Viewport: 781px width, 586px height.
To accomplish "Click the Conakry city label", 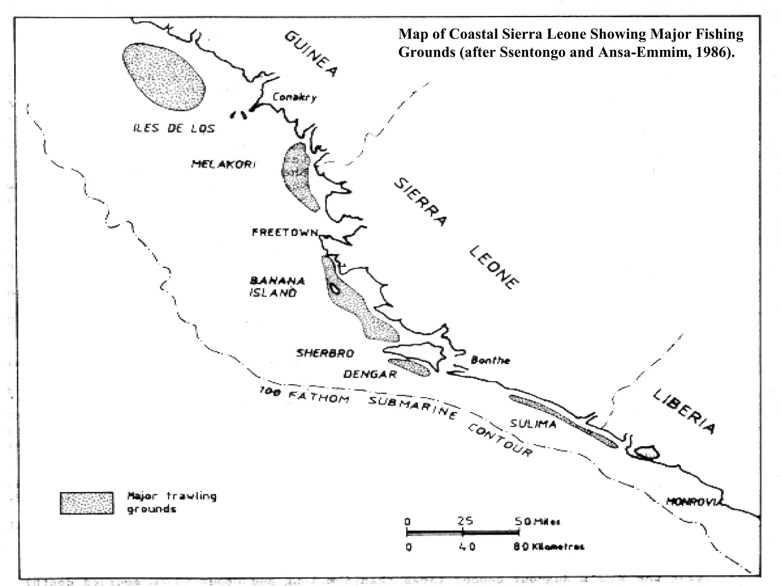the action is pyautogui.click(x=294, y=98).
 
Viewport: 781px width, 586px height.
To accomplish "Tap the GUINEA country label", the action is pyautogui.click(x=311, y=53).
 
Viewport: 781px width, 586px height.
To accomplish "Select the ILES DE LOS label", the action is pyautogui.click(x=174, y=128).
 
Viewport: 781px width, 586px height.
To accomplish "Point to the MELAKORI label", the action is pyautogui.click(x=223, y=164).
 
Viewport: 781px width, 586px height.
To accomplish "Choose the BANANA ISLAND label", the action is pyautogui.click(x=277, y=287).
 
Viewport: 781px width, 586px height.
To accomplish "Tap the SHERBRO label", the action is pyautogui.click(x=325, y=353).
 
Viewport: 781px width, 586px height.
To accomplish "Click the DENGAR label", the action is pyautogui.click(x=370, y=374).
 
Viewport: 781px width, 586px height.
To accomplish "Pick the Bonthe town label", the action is pyautogui.click(x=490, y=360).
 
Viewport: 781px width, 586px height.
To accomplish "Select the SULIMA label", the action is pyautogui.click(x=533, y=423).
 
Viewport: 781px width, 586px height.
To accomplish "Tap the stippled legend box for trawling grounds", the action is pyautogui.click(x=87, y=503).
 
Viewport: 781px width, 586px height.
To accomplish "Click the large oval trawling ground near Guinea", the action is pyautogui.click(x=164, y=76).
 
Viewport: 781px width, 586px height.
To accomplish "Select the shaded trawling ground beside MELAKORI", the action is pyautogui.click(x=299, y=175).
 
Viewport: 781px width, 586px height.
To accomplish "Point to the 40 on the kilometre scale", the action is pyautogui.click(x=467, y=547).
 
